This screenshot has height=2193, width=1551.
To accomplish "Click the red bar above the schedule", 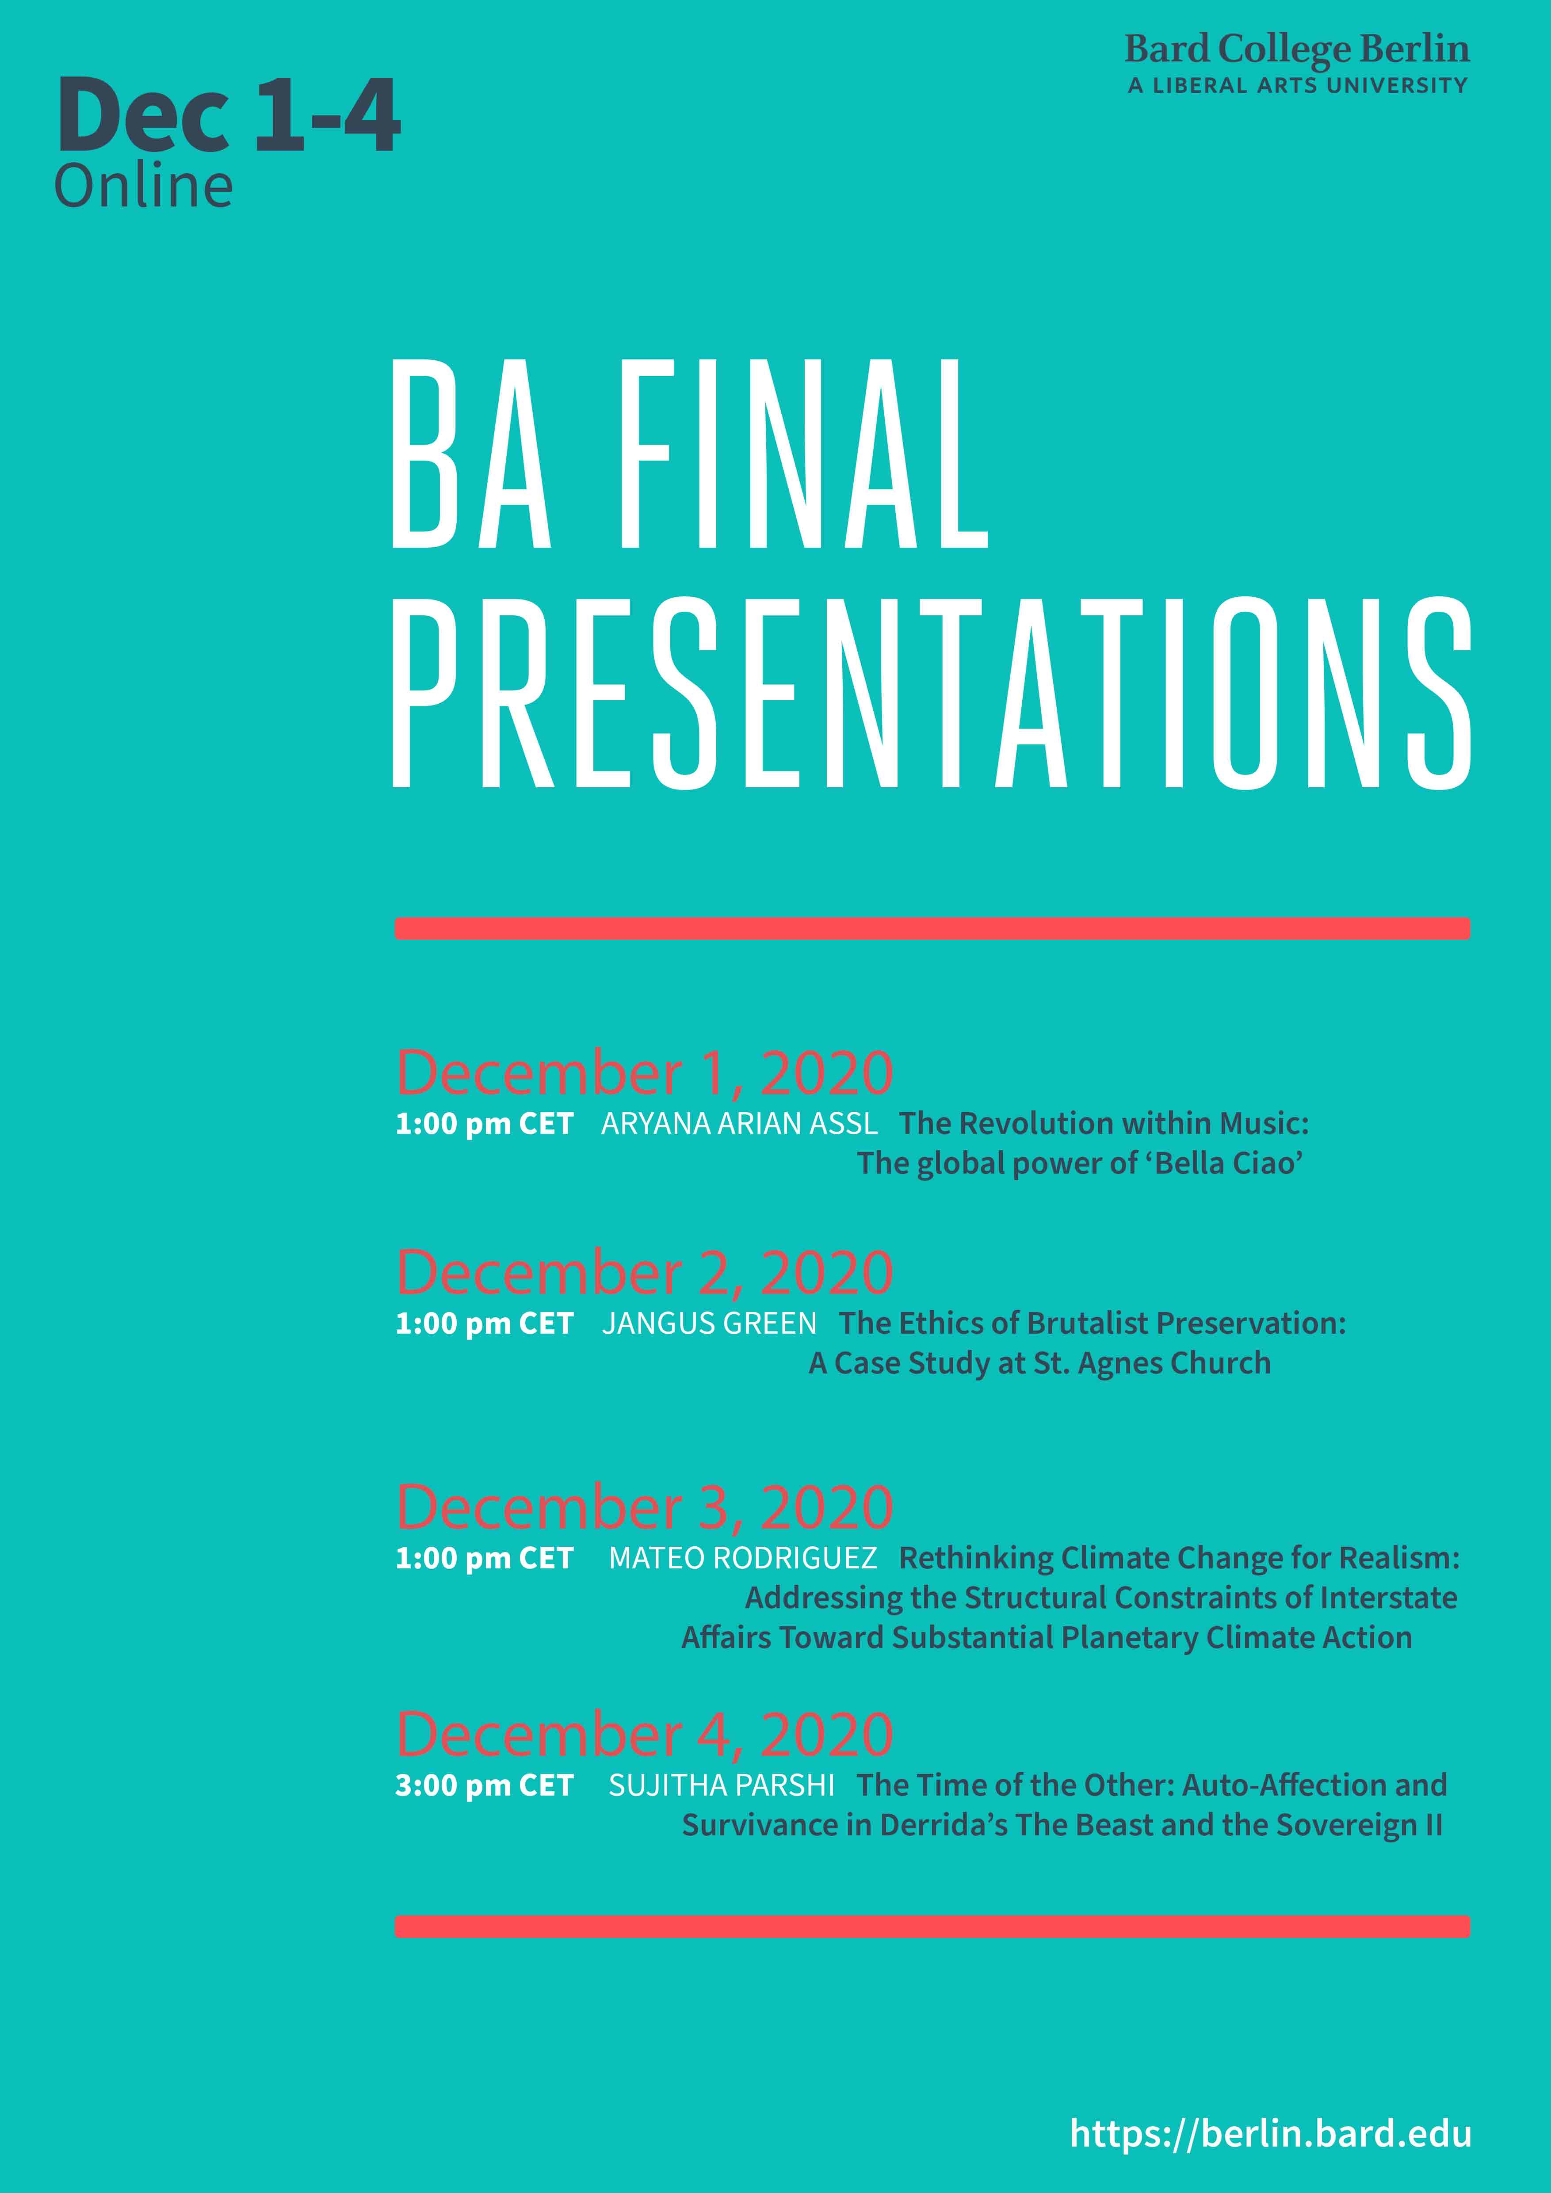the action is pyautogui.click(x=932, y=927).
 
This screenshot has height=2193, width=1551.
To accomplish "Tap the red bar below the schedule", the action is pyautogui.click(x=932, y=1926).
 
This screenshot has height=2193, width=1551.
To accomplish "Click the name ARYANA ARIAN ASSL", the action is pyautogui.click(x=739, y=1124).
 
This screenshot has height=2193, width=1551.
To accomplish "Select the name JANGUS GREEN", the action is pyautogui.click(x=710, y=1324).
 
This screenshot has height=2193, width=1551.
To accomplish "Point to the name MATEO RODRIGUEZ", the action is pyautogui.click(x=743, y=1559).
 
